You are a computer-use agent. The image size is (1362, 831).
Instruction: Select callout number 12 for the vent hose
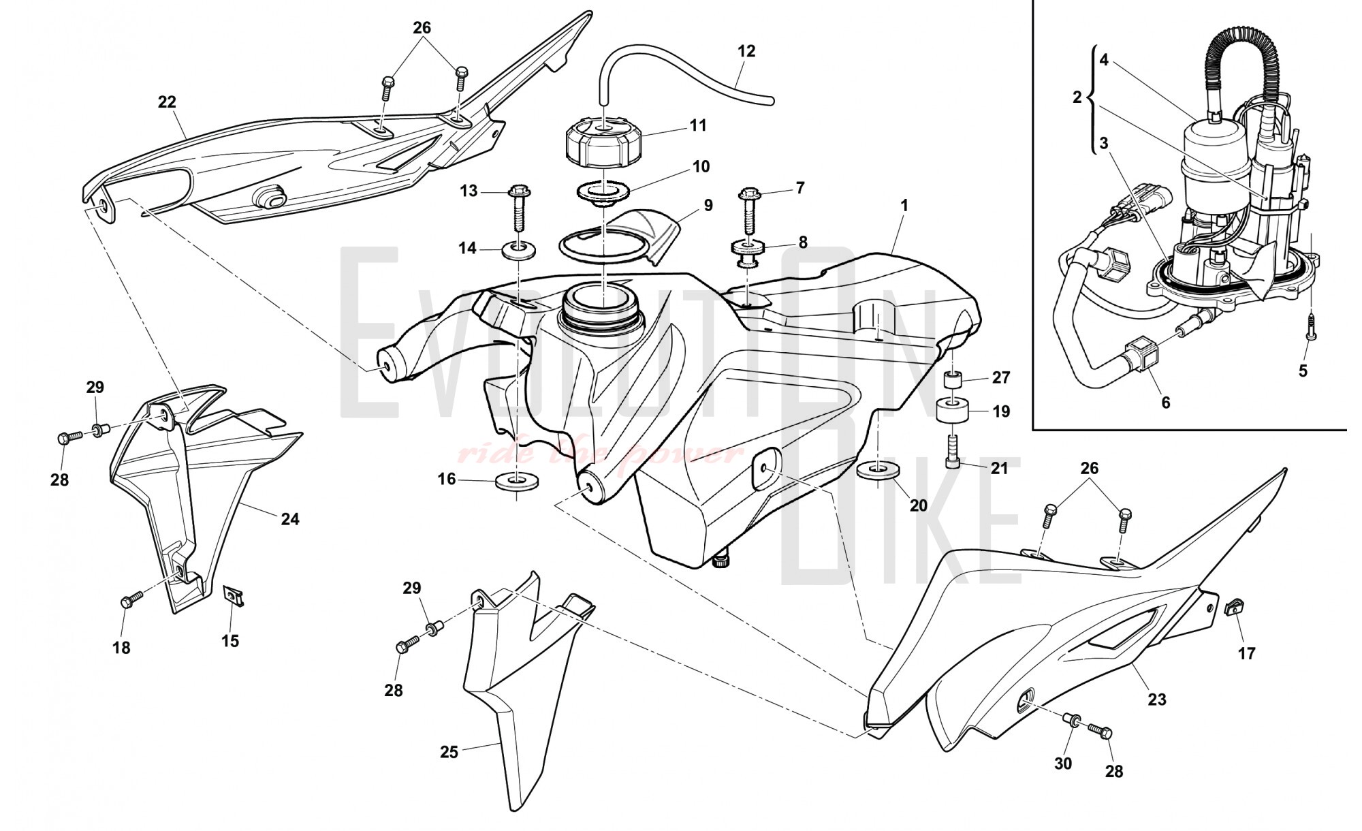pyautogui.click(x=746, y=51)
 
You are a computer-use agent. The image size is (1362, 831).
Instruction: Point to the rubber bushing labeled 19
pyautogui.click(x=953, y=412)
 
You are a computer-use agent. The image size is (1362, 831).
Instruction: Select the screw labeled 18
pyautogui.click(x=131, y=599)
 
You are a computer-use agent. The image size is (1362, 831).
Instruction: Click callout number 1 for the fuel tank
pyautogui.click(x=904, y=205)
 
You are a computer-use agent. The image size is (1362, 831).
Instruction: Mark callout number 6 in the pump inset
pyautogui.click(x=1165, y=403)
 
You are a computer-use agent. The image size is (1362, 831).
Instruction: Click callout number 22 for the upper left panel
pyautogui.click(x=167, y=102)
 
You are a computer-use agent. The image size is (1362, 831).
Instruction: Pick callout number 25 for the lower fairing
pyautogui.click(x=449, y=752)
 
